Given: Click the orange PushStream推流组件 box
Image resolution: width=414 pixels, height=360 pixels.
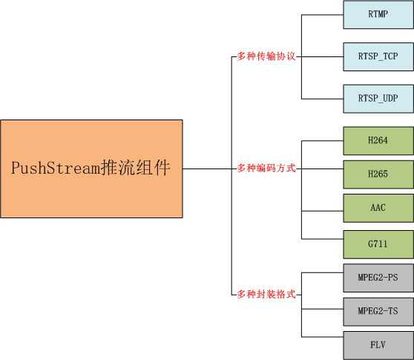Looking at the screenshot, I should click(x=91, y=168).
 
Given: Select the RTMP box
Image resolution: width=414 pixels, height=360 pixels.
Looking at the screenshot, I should click(x=378, y=14).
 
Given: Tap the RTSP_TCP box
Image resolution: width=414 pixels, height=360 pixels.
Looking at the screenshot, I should click(x=378, y=56).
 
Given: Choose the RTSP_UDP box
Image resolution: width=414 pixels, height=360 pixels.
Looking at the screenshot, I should click(x=378, y=98).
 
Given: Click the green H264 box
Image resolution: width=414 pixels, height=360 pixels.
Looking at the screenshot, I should click(x=378, y=140).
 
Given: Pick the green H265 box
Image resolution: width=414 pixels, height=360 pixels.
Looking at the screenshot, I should click(x=378, y=174).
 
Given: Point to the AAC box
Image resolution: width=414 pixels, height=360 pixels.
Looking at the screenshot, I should click(x=378, y=209).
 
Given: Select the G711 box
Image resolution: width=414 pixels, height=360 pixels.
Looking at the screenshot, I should click(x=378, y=244).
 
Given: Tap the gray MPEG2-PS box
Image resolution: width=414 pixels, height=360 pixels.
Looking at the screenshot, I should click(x=378, y=278).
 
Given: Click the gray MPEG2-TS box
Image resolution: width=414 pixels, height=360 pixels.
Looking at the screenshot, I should click(x=378, y=311).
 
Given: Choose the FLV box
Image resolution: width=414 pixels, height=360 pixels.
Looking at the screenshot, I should click(x=378, y=345).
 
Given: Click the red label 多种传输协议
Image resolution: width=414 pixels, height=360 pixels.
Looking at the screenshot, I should click(x=266, y=56).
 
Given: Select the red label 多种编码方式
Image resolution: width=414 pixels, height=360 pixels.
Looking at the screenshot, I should click(x=266, y=168).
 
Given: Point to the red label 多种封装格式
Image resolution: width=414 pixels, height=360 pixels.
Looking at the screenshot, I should click(x=266, y=295).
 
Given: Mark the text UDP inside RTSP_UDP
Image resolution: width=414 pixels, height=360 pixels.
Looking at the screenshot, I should click(x=389, y=98).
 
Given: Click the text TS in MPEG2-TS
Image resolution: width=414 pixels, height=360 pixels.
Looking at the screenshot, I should click(x=392, y=311).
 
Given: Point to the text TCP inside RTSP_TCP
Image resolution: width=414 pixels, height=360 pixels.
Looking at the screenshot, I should click(x=389, y=56).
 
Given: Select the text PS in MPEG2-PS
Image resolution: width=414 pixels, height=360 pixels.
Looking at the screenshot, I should click(x=392, y=278).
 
